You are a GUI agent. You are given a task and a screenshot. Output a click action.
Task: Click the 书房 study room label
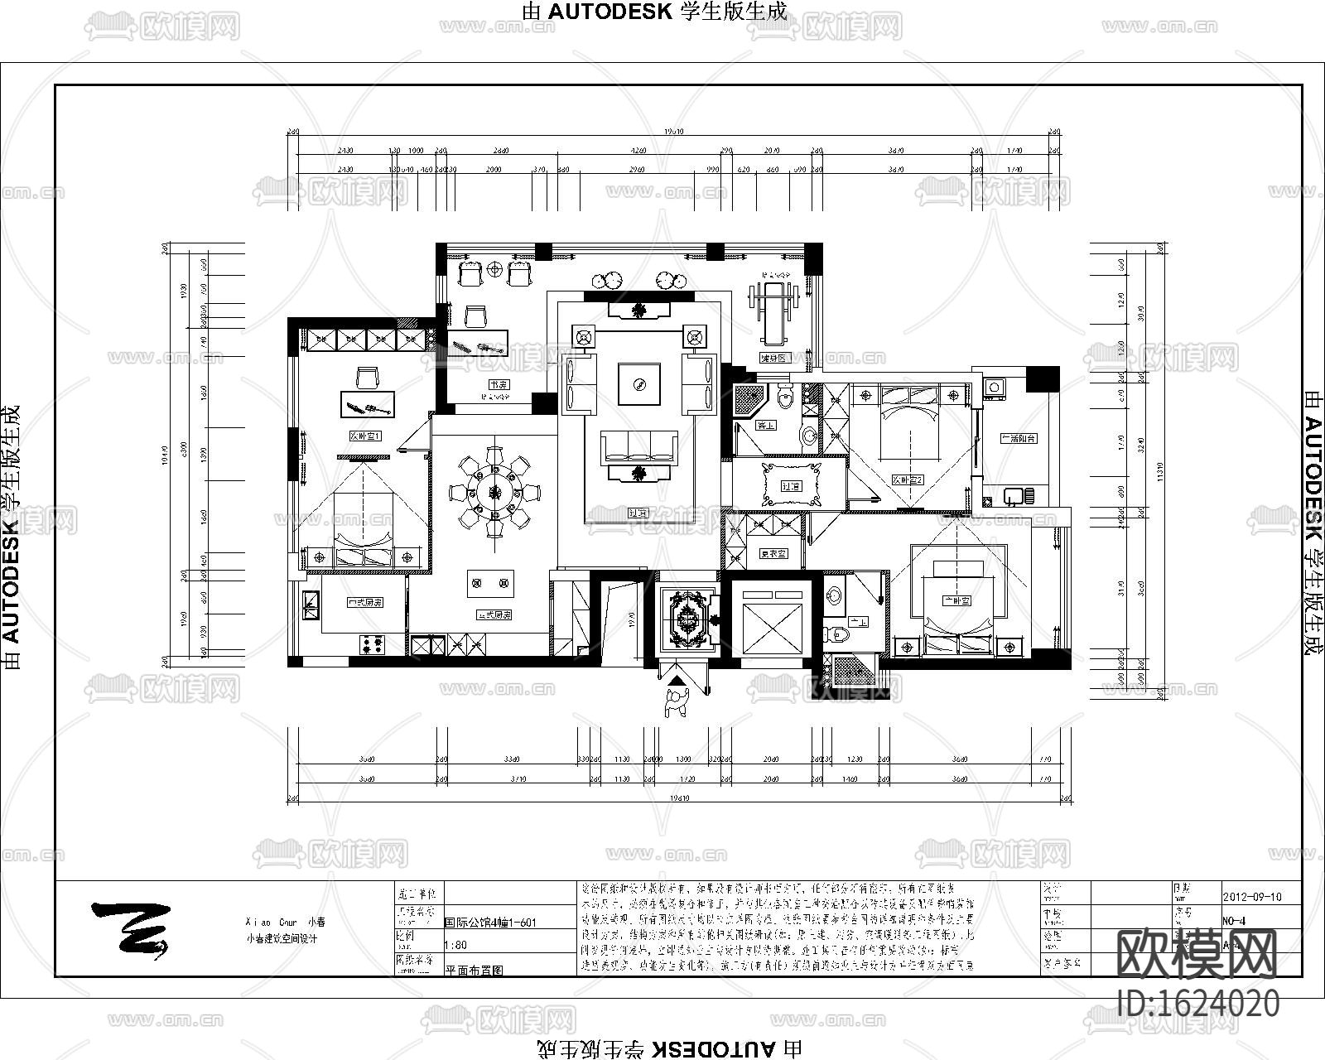click(x=498, y=385)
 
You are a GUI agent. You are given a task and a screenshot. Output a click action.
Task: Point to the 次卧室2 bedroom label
click(x=908, y=479)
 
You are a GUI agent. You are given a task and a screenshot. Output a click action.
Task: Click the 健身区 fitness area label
click(x=775, y=358)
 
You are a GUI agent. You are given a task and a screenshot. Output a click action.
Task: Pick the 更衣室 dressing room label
click(x=773, y=553)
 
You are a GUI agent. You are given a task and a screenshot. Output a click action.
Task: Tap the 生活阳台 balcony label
click(x=1019, y=438)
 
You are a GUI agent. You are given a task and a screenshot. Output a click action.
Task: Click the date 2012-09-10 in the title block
click(x=1252, y=897)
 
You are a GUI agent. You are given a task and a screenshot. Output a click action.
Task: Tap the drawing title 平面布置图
click(x=475, y=968)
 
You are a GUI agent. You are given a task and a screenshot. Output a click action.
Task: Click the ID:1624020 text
click(x=1198, y=1004)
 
